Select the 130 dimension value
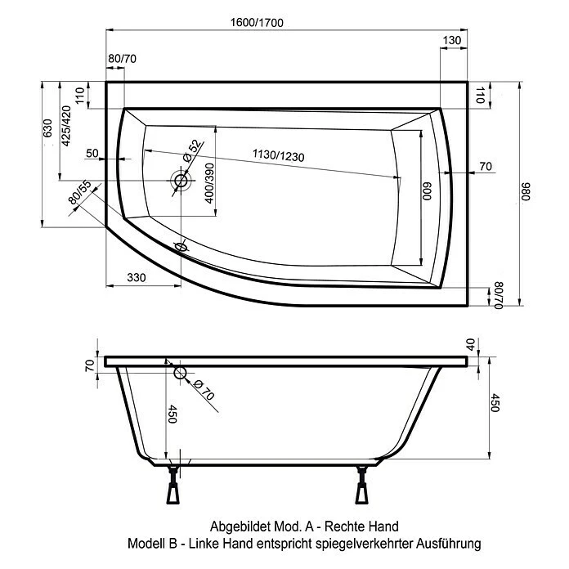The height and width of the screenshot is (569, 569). pyautogui.click(x=453, y=40)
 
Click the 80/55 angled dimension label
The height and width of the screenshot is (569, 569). pyautogui.click(x=79, y=192)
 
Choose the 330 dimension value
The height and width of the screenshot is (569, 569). pyautogui.click(x=137, y=278)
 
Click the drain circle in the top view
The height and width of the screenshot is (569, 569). pyautogui.click(x=180, y=179)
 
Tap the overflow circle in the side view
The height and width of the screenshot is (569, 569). pyautogui.click(x=181, y=374)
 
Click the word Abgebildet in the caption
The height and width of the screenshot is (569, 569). pyautogui.click(x=242, y=526)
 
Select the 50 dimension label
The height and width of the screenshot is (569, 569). pyautogui.click(x=92, y=154)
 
